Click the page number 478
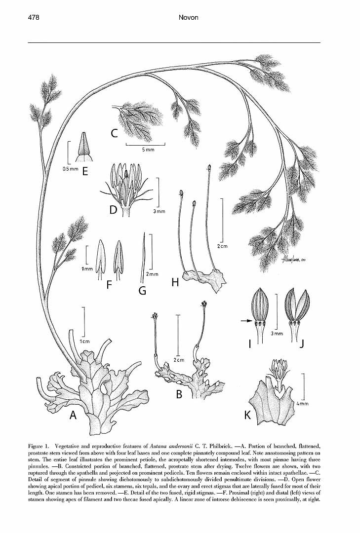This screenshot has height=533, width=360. point(34,17)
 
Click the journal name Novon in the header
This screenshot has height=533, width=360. point(188,17)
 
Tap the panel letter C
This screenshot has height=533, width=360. point(114,134)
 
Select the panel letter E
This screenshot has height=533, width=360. point(85,171)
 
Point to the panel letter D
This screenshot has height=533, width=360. point(113,210)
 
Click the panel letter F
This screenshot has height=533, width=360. point(109,284)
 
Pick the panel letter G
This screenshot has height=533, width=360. point(142,290)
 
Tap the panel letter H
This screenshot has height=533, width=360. point(175,282)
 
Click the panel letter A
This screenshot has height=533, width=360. point(73,415)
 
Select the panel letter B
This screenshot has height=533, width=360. point(179,394)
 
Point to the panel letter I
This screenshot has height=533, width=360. point(249,344)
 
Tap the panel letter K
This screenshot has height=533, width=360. point(247,415)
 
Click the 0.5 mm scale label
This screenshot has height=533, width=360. point(71,169)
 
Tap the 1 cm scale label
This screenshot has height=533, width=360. point(85,342)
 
